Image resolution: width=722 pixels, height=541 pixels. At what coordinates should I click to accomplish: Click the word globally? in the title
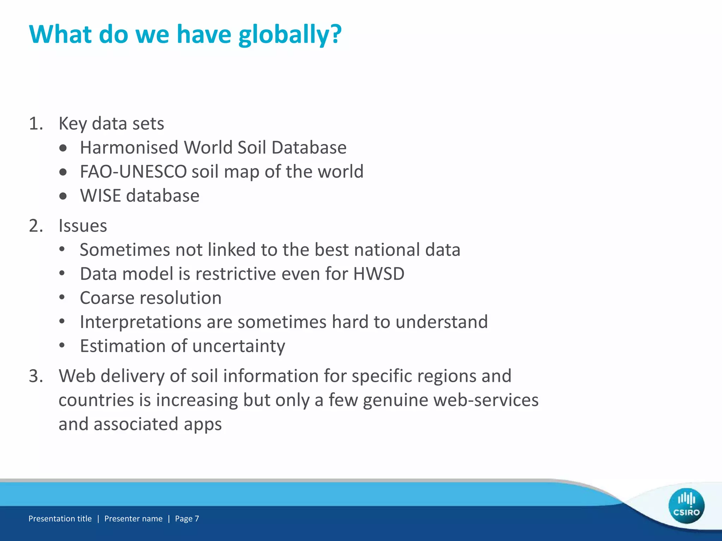tap(290, 35)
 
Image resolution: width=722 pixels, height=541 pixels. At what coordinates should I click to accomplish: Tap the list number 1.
tap(36, 124)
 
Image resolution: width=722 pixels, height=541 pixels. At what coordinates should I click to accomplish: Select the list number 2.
tap(36, 226)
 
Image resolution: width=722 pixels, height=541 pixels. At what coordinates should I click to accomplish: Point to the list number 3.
tap(36, 376)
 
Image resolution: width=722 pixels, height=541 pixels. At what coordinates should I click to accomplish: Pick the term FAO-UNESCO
tap(133, 172)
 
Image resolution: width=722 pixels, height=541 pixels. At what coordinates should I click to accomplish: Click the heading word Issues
tap(82, 226)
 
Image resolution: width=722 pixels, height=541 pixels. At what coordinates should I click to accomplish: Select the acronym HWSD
tap(379, 274)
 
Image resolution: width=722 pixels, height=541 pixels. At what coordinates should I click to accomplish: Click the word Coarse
tap(111, 298)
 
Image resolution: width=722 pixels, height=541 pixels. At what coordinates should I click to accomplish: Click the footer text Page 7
tap(187, 518)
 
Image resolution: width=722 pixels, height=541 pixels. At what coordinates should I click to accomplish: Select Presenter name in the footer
tap(133, 518)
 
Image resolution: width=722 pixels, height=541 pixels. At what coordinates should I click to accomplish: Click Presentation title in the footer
tap(60, 518)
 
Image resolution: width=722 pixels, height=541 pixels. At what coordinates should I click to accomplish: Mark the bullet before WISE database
tap(63, 196)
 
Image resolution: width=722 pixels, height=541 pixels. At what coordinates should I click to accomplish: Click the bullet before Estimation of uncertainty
tap(62, 346)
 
